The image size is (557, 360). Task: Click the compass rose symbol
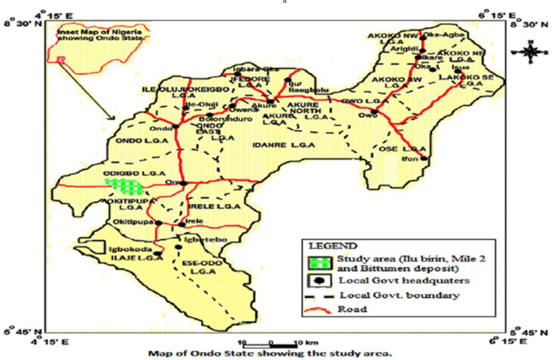pos(530,52)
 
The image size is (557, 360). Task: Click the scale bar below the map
pos(271,343)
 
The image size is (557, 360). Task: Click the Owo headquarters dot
pos(375,112)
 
